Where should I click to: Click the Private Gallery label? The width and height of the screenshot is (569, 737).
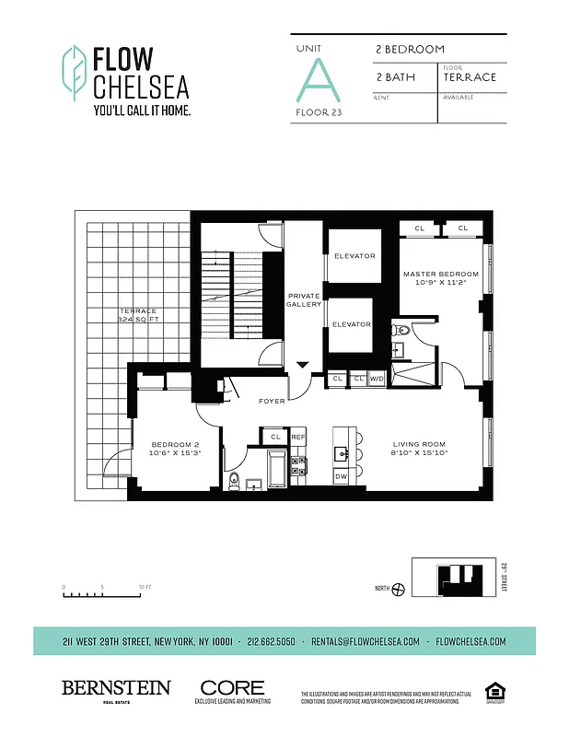(x=303, y=299)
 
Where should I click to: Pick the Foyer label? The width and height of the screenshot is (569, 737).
(x=272, y=401)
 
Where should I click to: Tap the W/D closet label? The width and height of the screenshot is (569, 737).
(x=377, y=379)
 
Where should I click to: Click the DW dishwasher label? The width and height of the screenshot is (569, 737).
(x=341, y=476)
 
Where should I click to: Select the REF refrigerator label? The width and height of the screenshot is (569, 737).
(x=297, y=437)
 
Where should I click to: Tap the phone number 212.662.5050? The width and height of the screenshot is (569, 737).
(x=273, y=641)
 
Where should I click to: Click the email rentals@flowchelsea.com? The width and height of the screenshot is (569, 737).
(x=366, y=641)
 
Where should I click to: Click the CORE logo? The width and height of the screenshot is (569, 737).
(x=232, y=689)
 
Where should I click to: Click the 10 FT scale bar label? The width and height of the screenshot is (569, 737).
(x=145, y=587)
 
